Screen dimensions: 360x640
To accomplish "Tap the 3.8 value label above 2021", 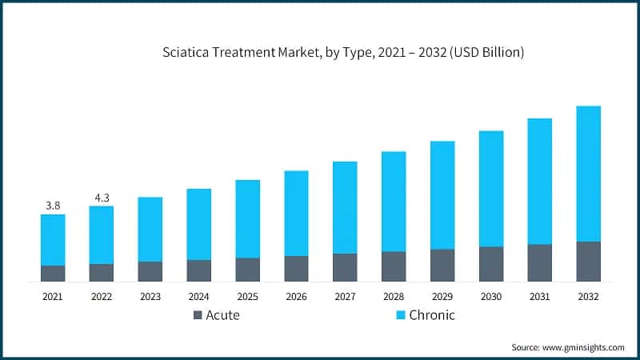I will click(53, 206).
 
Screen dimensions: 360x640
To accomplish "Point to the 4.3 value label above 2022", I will click(101, 197).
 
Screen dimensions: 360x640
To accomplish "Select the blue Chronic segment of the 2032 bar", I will click(588, 174).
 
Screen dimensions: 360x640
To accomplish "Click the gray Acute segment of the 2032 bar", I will click(588, 262).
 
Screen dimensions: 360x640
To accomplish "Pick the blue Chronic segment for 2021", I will click(53, 240).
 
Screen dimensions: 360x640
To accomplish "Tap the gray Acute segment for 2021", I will click(53, 274).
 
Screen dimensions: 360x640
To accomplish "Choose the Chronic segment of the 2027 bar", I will click(345, 208).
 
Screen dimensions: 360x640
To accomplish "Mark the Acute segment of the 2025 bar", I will click(247, 270).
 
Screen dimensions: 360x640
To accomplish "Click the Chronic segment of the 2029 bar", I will click(442, 195).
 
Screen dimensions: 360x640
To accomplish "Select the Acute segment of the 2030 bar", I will click(491, 264).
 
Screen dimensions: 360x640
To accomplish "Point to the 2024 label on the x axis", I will click(198, 296).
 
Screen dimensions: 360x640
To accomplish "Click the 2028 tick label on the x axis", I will click(394, 296).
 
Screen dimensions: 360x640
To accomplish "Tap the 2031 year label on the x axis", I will click(540, 296).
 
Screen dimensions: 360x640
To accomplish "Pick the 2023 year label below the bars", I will click(150, 296).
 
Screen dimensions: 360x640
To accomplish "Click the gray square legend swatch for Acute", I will click(198, 315).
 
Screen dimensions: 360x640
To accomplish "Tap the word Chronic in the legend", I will click(432, 315).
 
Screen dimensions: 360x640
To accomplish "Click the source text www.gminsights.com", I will click(585, 347).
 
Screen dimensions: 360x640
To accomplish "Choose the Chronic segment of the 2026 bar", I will click(296, 214).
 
